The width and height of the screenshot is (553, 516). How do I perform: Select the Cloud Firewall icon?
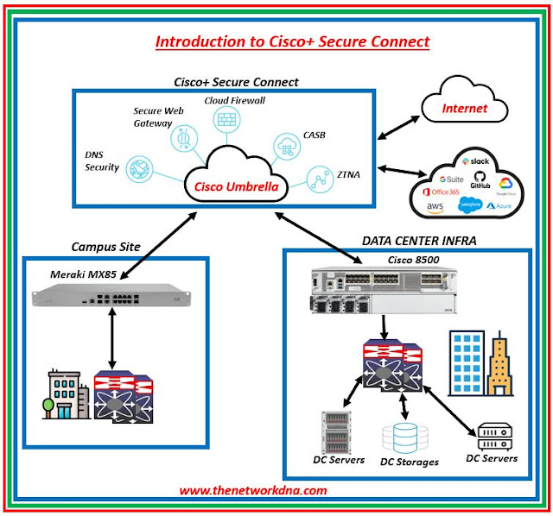click(228, 121)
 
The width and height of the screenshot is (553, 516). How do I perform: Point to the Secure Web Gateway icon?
click(182, 139)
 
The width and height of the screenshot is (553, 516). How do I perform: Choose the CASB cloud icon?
click(287, 144)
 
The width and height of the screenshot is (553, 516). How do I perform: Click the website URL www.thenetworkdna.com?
click(252, 490)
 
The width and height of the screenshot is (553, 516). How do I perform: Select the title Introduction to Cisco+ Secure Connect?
click(292, 41)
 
